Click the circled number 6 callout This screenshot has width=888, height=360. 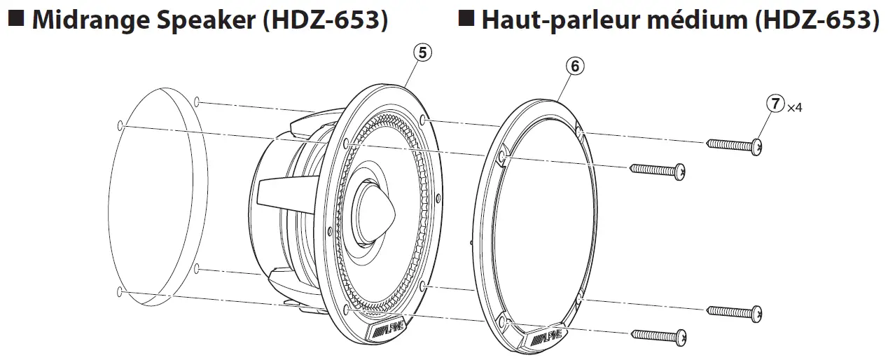pos(574,66)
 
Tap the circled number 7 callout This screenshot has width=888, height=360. pos(775,104)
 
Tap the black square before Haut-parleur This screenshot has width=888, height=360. pos(466,20)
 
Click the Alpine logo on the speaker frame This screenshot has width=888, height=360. pos(387,328)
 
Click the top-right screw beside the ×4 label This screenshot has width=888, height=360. pos(735,145)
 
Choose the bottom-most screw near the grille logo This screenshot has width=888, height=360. pos(658,338)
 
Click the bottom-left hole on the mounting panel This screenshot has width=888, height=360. pos(121,291)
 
